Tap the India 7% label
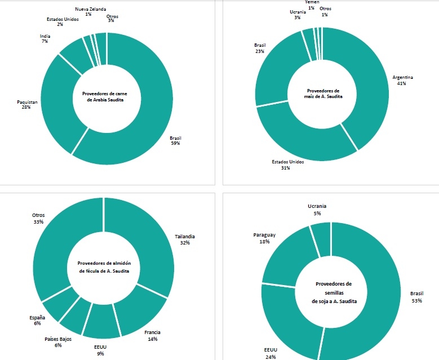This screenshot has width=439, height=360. (45, 39)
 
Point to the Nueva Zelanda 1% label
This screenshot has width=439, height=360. (88, 11)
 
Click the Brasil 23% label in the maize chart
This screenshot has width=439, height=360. (260, 47)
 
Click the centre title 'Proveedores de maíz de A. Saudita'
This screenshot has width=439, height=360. (323, 94)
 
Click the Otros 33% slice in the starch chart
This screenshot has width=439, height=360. (56, 248)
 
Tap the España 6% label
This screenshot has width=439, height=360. (37, 321)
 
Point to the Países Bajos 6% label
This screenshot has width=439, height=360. (58, 342)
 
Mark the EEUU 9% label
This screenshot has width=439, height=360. (100, 350)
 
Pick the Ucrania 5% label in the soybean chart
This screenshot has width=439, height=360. (317, 210)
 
